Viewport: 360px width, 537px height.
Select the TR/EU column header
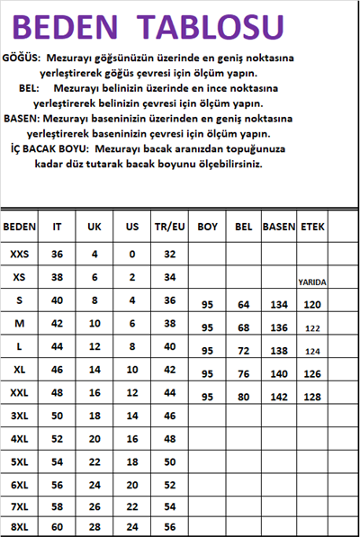pyautogui.click(x=169, y=228)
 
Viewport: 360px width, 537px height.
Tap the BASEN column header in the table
pyautogui.click(x=279, y=228)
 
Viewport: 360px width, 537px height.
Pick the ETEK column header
pyautogui.click(x=312, y=228)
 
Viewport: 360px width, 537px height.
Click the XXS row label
pyautogui.click(x=20, y=255)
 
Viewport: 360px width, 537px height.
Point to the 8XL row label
pyautogui.click(x=20, y=526)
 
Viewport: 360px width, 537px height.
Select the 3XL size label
pyautogui.click(x=20, y=416)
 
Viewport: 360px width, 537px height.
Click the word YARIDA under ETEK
pyautogui.click(x=312, y=282)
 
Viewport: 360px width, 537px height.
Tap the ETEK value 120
pyautogui.click(x=312, y=305)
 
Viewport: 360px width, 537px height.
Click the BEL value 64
pyautogui.click(x=243, y=305)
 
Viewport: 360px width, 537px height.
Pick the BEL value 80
pyautogui.click(x=243, y=397)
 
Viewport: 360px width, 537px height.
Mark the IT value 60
pyautogui.click(x=58, y=526)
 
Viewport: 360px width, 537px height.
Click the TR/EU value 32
pyautogui.click(x=169, y=255)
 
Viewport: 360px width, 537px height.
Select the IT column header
pyautogui.click(x=58, y=228)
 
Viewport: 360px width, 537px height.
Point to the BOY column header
pyautogui.click(x=208, y=228)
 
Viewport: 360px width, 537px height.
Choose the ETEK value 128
pyautogui.click(x=312, y=397)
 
